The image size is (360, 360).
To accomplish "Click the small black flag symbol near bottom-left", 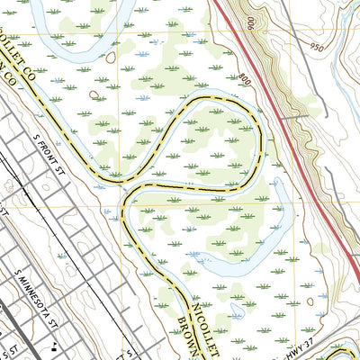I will (54, 346).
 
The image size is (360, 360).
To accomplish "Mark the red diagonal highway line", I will (288, 135).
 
